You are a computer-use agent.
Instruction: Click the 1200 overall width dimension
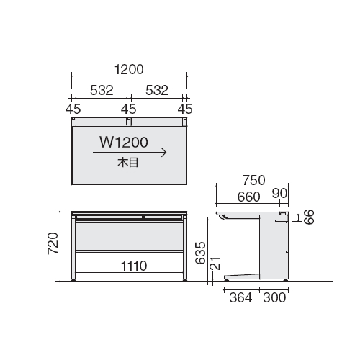129,69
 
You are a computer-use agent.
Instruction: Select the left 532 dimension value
102,90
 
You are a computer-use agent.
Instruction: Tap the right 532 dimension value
157,90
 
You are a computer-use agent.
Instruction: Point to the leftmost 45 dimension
73,109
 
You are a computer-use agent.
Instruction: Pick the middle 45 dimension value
129,109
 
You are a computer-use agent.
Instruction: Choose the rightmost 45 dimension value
185,109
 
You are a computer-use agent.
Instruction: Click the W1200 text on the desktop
124,143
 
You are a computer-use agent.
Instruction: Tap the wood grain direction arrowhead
164,153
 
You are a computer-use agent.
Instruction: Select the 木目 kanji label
127,163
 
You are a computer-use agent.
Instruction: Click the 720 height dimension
53,243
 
